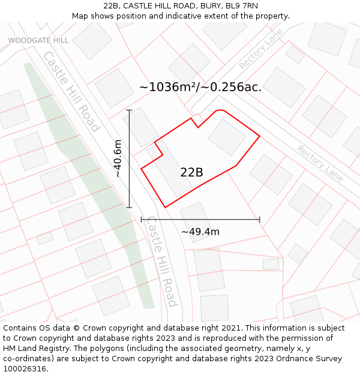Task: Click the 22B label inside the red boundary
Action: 191,173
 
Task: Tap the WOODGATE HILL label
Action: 38,40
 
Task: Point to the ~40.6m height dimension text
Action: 118,158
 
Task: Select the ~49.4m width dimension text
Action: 200,232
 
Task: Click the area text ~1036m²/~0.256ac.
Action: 200,87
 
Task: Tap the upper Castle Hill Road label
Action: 71,91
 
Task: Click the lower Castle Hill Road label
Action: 162,261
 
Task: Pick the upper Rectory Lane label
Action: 260,49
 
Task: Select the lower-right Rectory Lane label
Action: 320,163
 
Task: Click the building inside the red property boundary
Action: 227,137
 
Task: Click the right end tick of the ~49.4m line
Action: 260,220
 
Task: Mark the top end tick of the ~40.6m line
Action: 129,110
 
